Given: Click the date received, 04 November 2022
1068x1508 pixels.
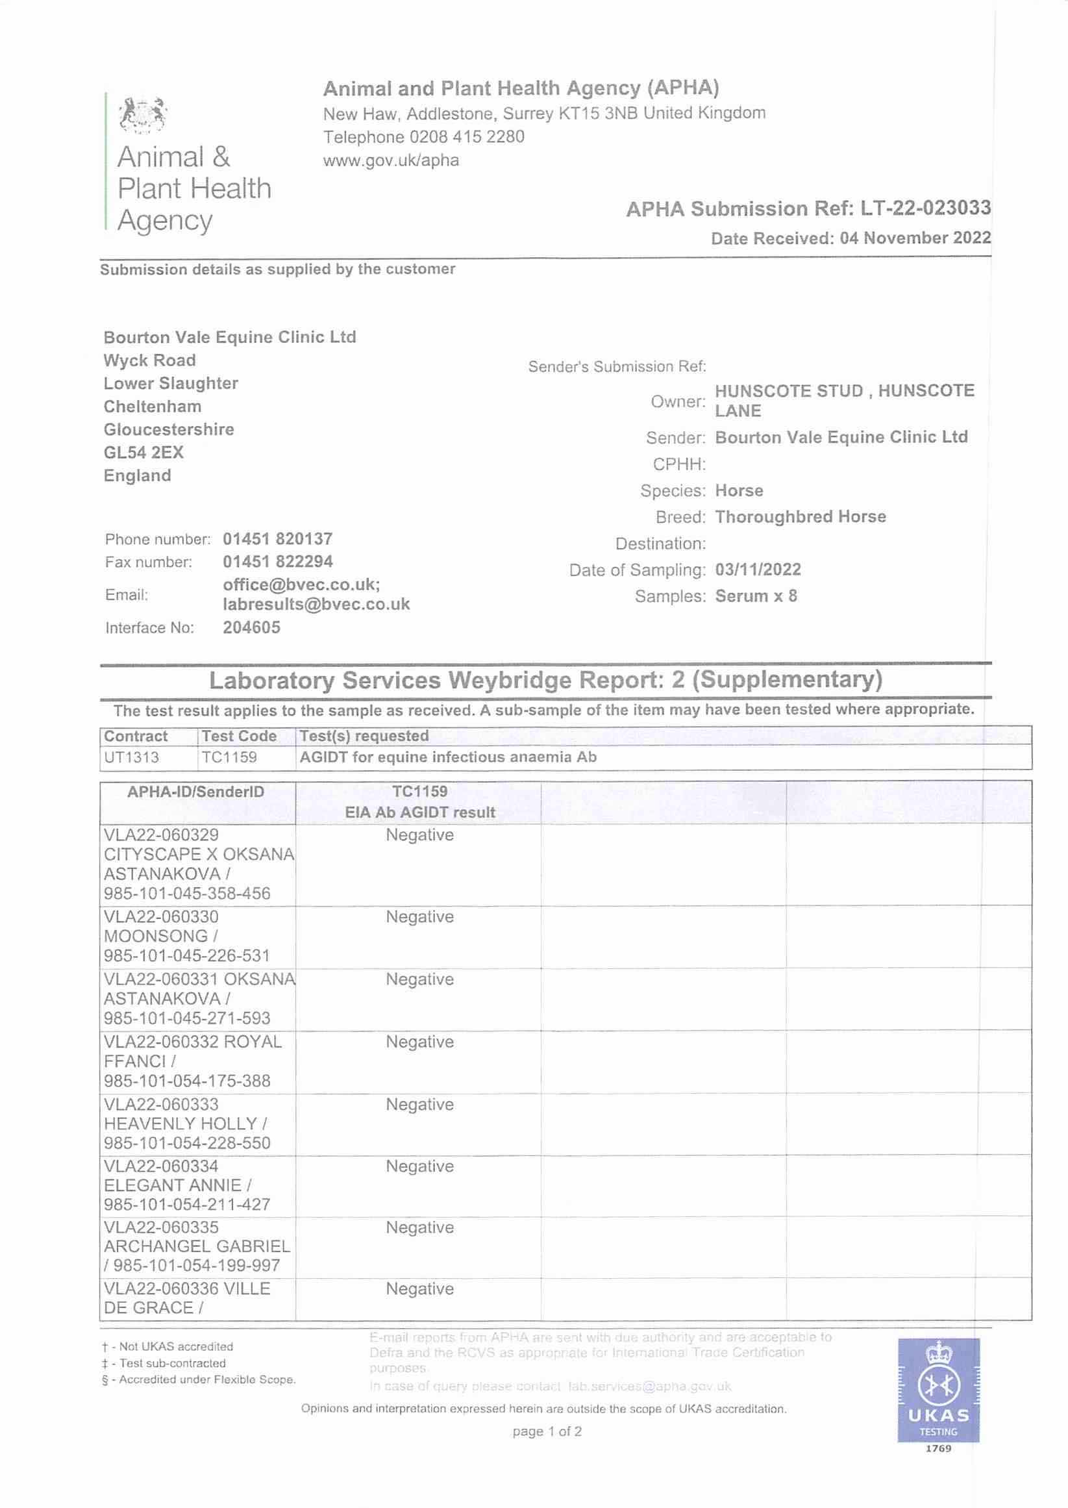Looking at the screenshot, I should pos(915,238).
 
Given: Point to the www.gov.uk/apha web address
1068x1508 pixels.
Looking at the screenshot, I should pos(391,160).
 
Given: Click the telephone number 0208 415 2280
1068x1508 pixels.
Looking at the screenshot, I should pos(466,138).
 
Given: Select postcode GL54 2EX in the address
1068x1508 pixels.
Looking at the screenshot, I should pos(143,453).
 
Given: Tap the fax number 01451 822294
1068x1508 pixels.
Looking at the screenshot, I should pos(277,562).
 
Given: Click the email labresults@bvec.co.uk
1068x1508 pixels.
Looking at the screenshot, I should pos(316,605).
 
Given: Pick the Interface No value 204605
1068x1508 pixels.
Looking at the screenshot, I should pos(251,627).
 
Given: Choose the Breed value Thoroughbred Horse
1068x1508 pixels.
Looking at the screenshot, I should pos(801,517).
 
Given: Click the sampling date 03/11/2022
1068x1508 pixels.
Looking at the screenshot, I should pos(758,570).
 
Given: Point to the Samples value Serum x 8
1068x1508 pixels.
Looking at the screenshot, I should pos(756,596).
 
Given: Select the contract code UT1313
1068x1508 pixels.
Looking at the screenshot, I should pos(132,757).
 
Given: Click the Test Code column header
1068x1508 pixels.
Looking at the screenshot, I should pos(239,736).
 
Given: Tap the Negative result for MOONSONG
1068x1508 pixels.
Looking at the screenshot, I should pos(419,917).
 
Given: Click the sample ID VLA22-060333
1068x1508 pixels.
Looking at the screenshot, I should pos(161,1104).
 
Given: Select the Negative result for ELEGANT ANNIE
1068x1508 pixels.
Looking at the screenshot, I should pos(419,1166).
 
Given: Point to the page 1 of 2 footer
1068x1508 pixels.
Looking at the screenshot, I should pos(547,1431).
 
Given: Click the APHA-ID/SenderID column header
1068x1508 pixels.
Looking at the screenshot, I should pos(195,792).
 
